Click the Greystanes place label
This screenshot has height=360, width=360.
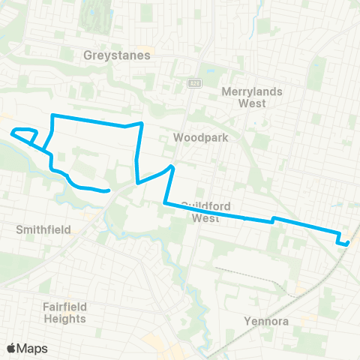point(117,55)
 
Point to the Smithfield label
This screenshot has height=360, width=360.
point(38,229)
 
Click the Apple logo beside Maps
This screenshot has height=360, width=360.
point(11,348)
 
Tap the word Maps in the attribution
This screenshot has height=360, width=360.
point(33,348)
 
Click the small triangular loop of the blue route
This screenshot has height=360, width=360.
point(25,135)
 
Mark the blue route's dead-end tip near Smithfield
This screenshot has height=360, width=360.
point(109,190)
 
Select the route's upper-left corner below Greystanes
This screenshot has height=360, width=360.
point(52,115)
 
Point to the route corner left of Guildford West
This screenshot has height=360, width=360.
point(164,202)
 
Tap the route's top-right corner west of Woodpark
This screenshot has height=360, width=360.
point(142,123)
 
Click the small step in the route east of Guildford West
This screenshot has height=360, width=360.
point(274,219)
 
